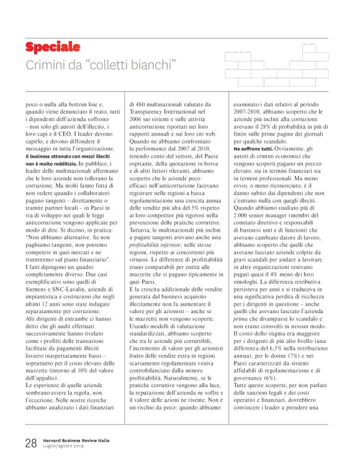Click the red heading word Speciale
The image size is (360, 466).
pyautogui.click(x=52, y=47)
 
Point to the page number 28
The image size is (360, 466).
pyautogui.click(x=31, y=444)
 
